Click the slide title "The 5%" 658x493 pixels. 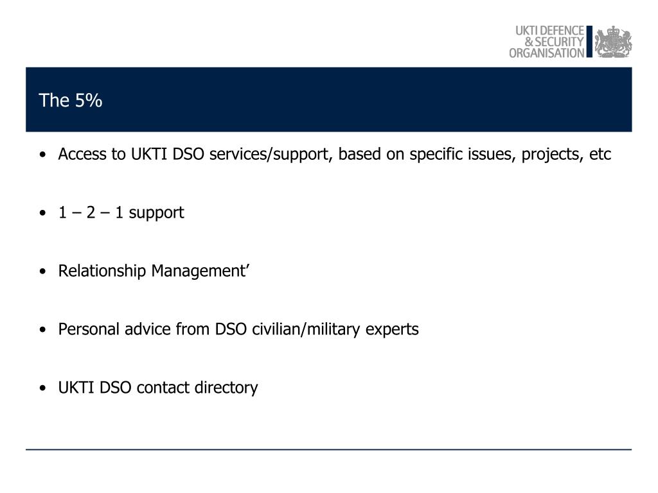pos(70,101)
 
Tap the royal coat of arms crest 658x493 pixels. pos(612,42)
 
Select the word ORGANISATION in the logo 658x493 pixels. pos(547,53)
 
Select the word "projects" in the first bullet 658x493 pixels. pos(550,155)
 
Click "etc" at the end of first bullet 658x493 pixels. pos(600,155)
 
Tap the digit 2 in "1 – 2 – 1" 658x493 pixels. pos(91,212)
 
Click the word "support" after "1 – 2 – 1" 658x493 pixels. pos(156,212)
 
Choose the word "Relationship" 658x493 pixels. pos(102,271)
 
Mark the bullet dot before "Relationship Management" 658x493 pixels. pos(42,272)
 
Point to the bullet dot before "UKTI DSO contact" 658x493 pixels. pos(42,388)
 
